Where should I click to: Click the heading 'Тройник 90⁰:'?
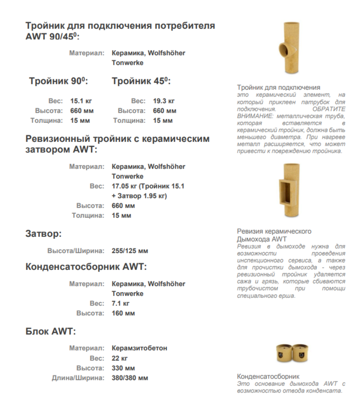tap(58, 81)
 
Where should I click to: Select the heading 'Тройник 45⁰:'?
tap(141, 81)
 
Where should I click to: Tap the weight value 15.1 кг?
tap(80, 101)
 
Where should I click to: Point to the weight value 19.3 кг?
tap(163, 101)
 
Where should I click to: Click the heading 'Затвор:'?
tap(43, 234)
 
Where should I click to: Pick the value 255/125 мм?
tap(130, 251)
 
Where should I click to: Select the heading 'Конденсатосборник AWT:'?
tap(86, 267)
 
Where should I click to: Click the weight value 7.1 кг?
tap(121, 303)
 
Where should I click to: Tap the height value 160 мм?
tap(123, 313)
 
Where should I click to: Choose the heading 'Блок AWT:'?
tap(50, 332)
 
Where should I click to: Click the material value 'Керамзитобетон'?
tap(139, 348)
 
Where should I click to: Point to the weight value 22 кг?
tap(120, 358)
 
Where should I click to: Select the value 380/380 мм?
tap(130, 378)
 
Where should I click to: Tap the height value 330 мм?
tap(123, 368)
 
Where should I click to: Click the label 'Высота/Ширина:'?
tap(76, 251)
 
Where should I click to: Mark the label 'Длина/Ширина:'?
tap(78, 378)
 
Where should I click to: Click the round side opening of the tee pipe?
tap(284, 48)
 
